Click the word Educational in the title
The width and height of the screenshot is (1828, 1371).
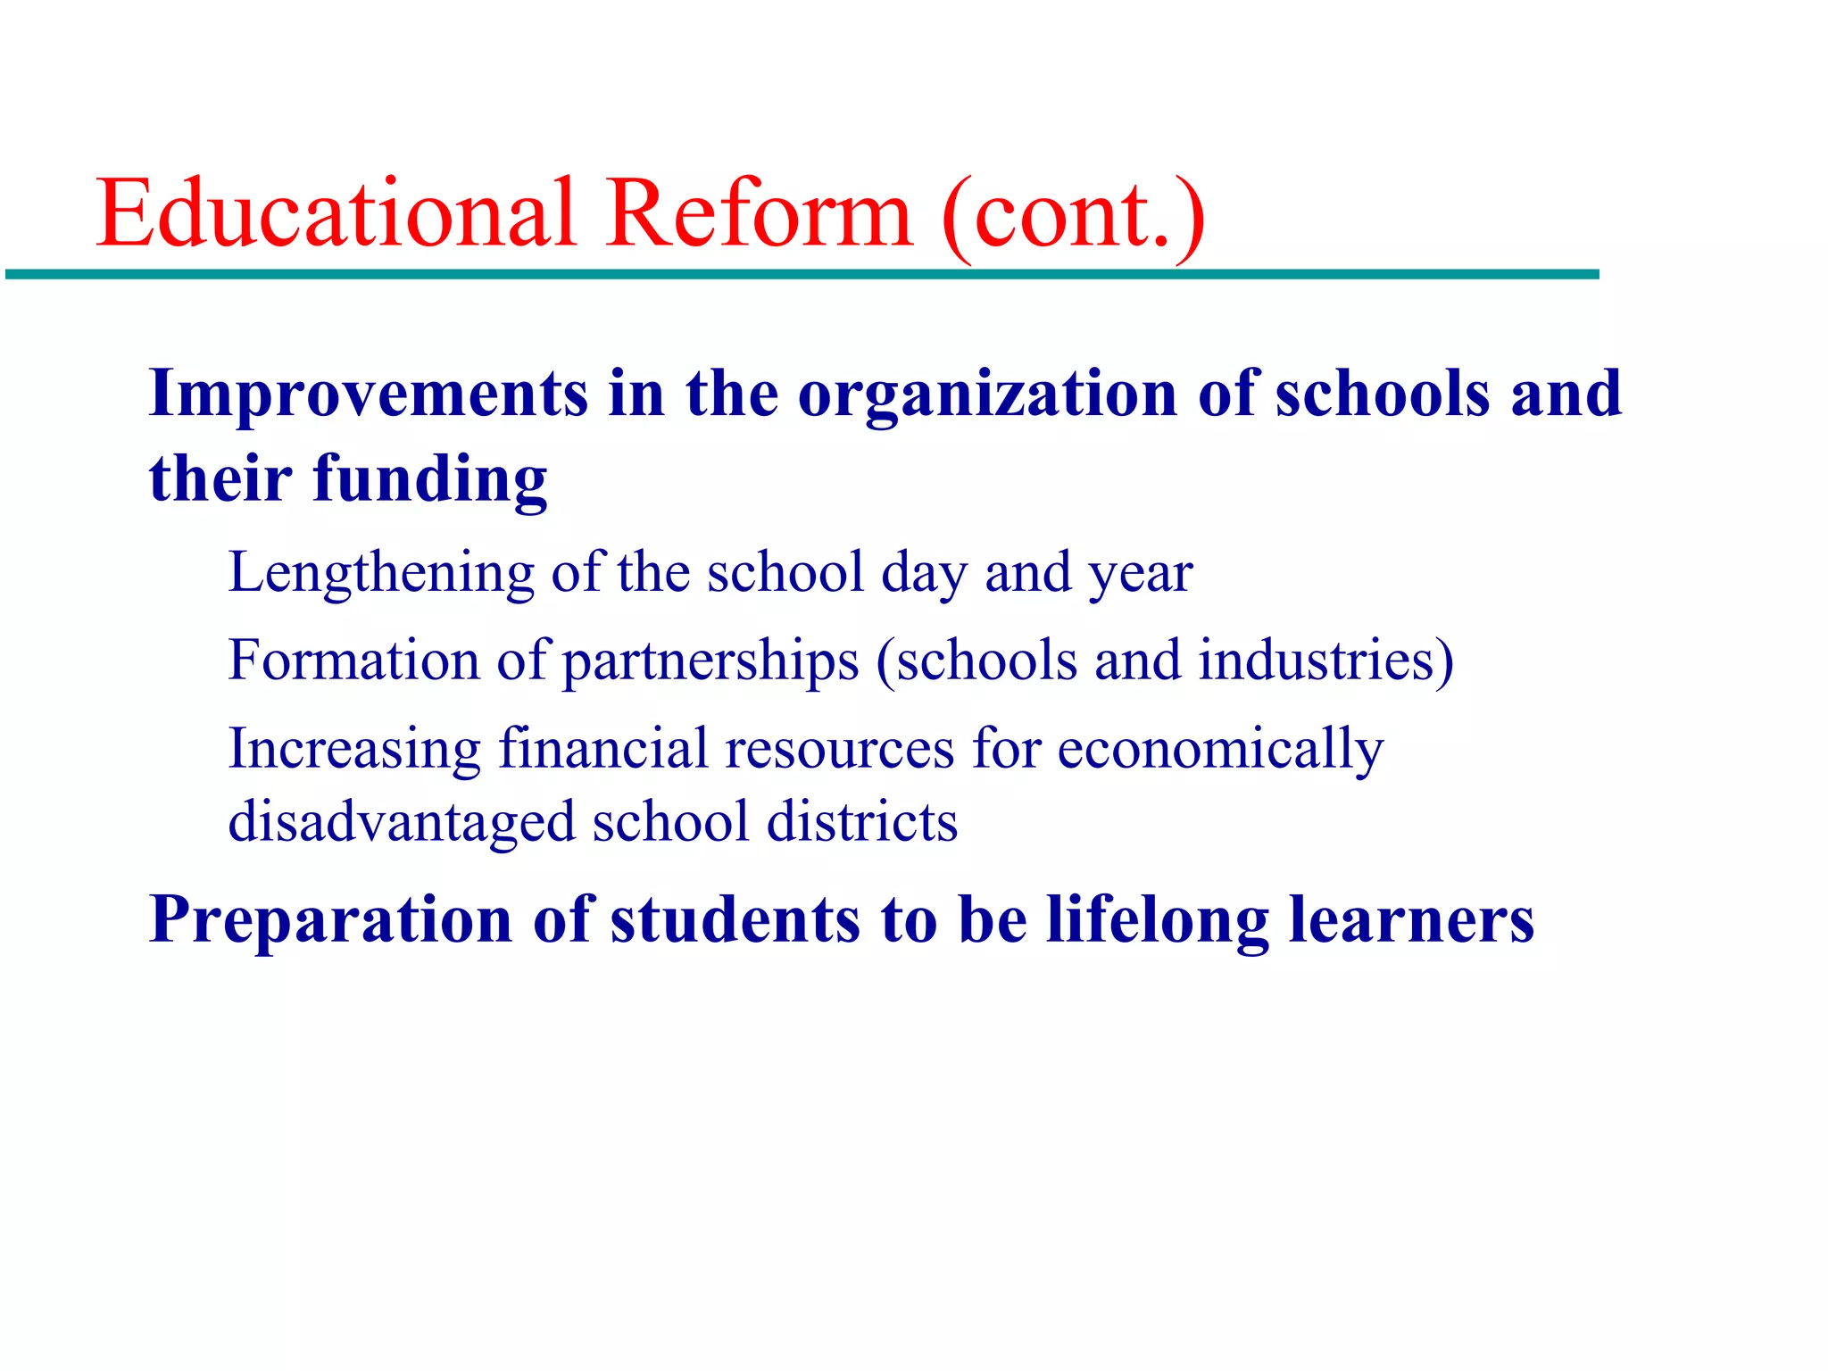(336, 214)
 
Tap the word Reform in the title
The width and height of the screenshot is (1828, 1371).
(759, 214)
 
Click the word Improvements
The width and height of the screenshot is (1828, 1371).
(369, 394)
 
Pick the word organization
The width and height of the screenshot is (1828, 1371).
(987, 395)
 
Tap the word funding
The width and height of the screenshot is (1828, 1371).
(429, 480)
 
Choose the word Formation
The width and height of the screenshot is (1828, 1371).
(353, 661)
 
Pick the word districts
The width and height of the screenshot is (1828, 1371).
(862, 821)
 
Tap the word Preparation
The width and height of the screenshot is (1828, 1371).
(331, 920)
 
